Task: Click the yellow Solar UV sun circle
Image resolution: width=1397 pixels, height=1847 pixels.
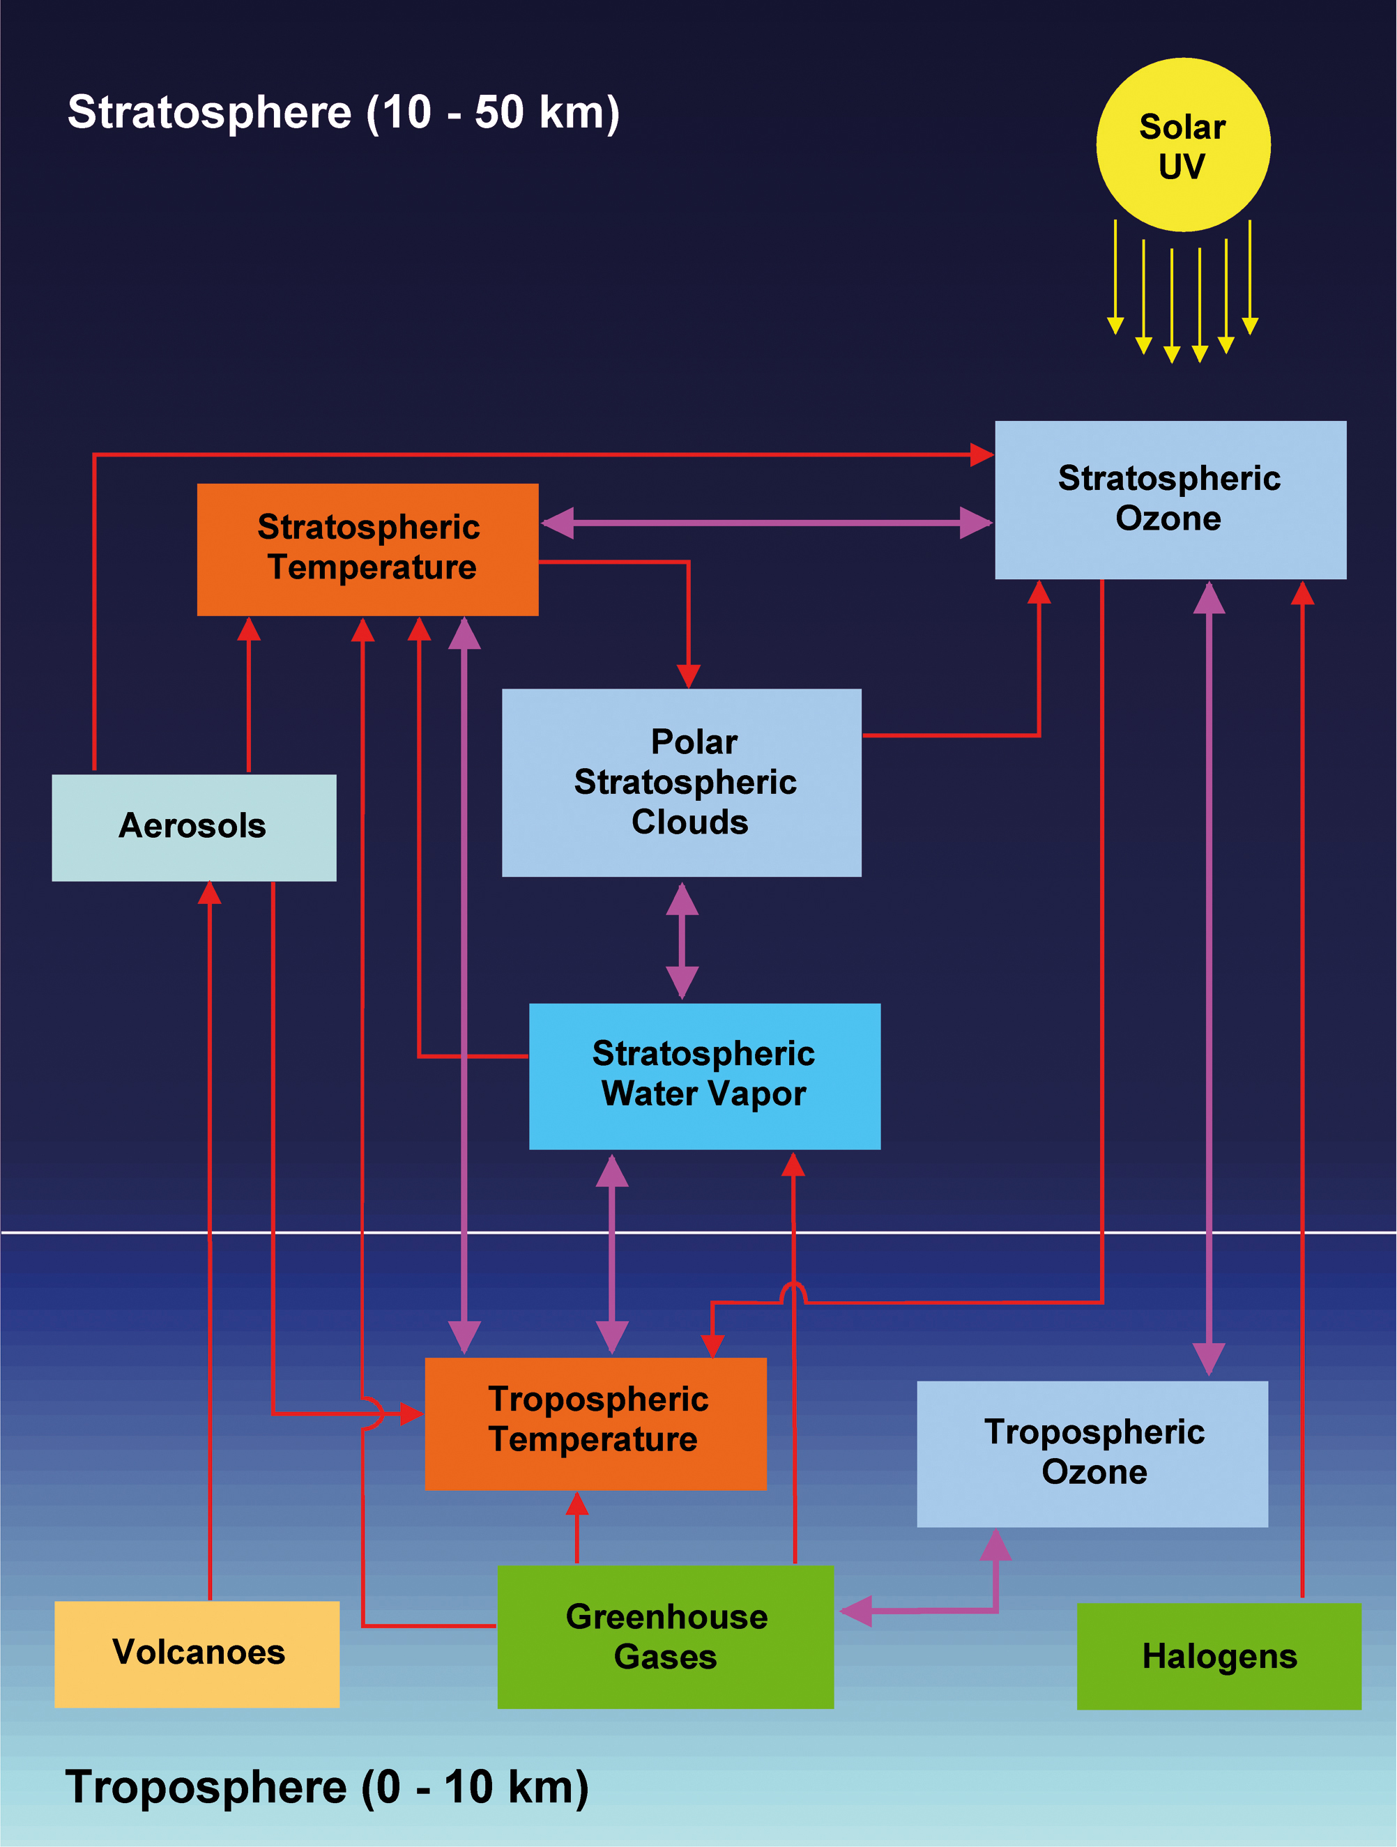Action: [x=1182, y=145]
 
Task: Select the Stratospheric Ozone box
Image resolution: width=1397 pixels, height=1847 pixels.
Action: [x=1170, y=499]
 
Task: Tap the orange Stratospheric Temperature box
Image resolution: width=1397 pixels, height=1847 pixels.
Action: [x=367, y=549]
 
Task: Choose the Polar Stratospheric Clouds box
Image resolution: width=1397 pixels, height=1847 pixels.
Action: [x=681, y=783]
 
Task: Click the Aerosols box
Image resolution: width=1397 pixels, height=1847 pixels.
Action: [x=194, y=827]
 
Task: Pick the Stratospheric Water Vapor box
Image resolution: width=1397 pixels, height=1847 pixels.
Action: [x=704, y=1075]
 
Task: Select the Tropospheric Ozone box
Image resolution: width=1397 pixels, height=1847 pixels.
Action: [x=1092, y=1453]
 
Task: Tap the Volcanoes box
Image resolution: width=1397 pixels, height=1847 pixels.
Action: [x=197, y=1653]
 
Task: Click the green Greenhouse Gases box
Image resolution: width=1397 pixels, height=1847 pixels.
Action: [x=666, y=1637]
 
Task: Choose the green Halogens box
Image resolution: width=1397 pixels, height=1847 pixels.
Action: [x=1219, y=1656]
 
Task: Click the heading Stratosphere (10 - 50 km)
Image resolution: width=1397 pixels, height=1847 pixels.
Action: [x=343, y=113]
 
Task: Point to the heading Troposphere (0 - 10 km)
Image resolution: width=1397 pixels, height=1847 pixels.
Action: [x=326, y=1787]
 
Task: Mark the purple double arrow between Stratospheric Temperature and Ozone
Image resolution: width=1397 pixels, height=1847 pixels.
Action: [x=767, y=523]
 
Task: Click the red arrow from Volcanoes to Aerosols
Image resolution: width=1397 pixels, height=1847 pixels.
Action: [x=210, y=1236]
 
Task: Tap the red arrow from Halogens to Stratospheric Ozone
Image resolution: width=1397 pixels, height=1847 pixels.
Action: [x=1301, y=1085]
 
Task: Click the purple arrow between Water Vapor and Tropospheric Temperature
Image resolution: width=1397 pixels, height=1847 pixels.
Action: [x=612, y=1253]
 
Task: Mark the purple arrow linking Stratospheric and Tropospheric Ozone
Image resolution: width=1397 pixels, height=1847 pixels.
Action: [x=1208, y=977]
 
